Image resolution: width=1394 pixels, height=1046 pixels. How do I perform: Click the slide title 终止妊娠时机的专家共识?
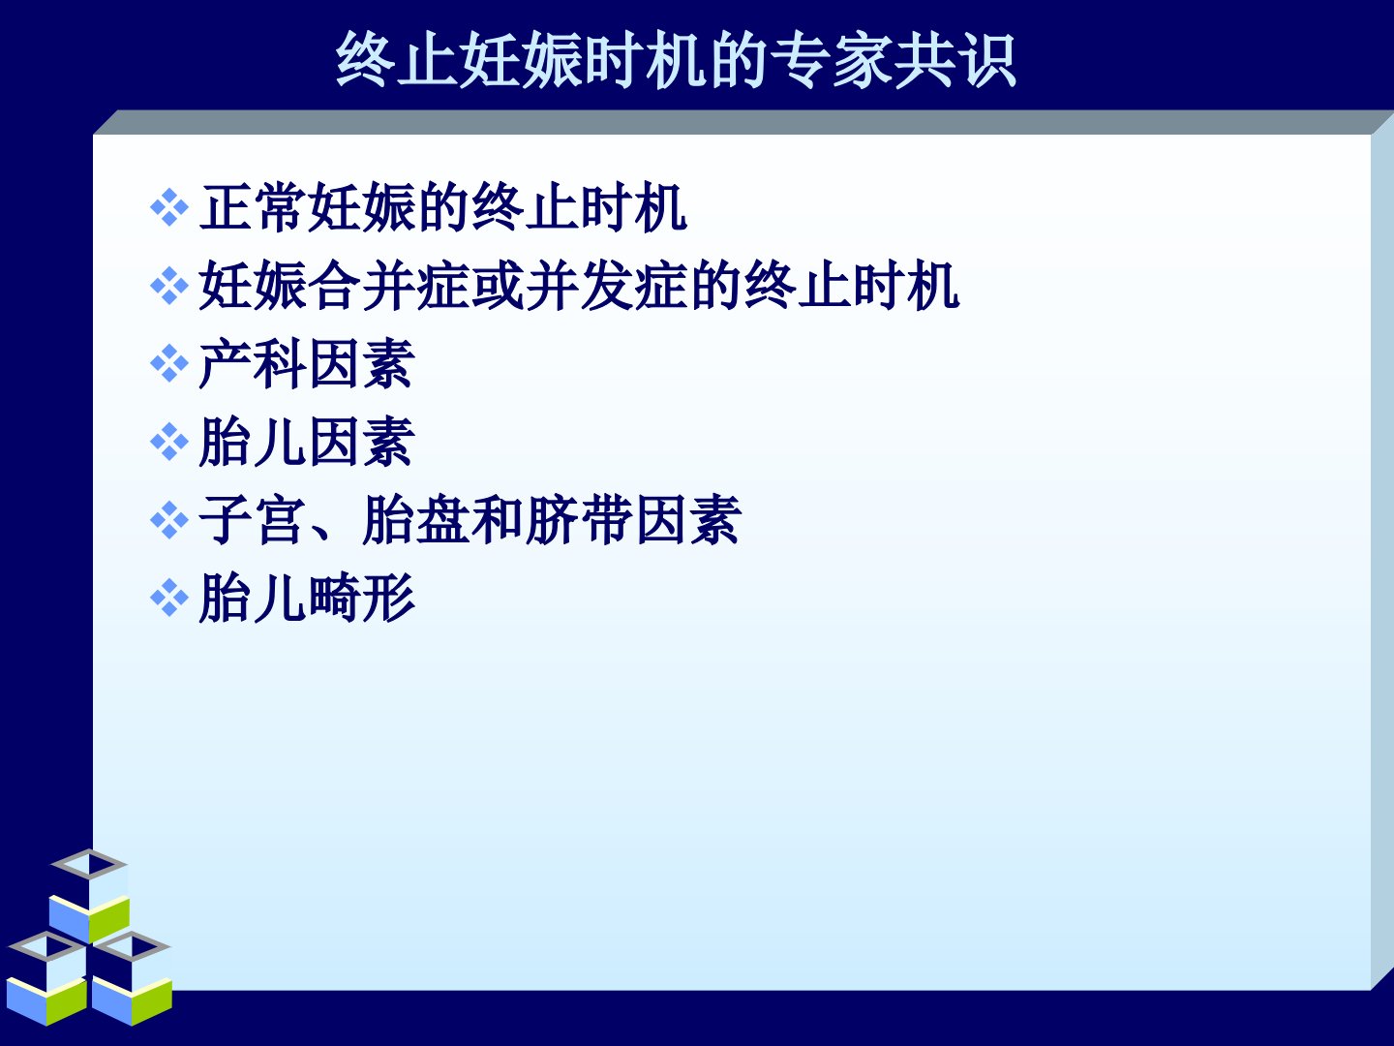tap(676, 61)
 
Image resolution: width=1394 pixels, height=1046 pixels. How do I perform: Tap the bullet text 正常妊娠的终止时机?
tap(443, 207)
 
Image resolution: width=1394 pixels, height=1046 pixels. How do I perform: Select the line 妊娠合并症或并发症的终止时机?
tap(579, 285)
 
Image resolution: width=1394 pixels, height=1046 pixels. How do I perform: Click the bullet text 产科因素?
tap(307, 364)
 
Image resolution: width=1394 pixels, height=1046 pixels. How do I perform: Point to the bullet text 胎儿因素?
tap(307, 442)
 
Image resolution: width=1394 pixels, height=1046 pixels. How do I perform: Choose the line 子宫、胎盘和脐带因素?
tap(470, 520)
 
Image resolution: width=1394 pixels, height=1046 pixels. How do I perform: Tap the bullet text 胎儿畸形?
tap(307, 599)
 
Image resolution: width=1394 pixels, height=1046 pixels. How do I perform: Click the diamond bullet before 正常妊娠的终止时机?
tap(169, 207)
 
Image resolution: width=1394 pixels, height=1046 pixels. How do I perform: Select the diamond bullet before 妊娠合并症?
tap(169, 286)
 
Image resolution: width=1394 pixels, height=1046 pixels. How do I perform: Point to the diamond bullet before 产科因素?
tap(169, 364)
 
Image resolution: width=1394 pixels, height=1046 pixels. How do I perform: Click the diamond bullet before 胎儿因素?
tap(169, 442)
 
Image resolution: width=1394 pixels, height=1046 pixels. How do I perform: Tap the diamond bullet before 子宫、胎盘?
tap(169, 520)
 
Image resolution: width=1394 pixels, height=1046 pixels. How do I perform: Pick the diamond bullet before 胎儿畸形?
tap(169, 599)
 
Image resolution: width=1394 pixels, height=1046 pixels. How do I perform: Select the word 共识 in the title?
tap(955, 61)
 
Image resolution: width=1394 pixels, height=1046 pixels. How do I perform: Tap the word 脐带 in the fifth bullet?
tap(579, 520)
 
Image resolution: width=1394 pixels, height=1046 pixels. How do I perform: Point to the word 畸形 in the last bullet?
tap(361, 599)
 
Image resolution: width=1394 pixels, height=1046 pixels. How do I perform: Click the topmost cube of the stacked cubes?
tap(90, 897)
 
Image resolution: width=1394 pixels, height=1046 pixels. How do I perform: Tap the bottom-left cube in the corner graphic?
tap(47, 979)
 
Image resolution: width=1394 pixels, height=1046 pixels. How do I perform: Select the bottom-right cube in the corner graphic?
tap(132, 979)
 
